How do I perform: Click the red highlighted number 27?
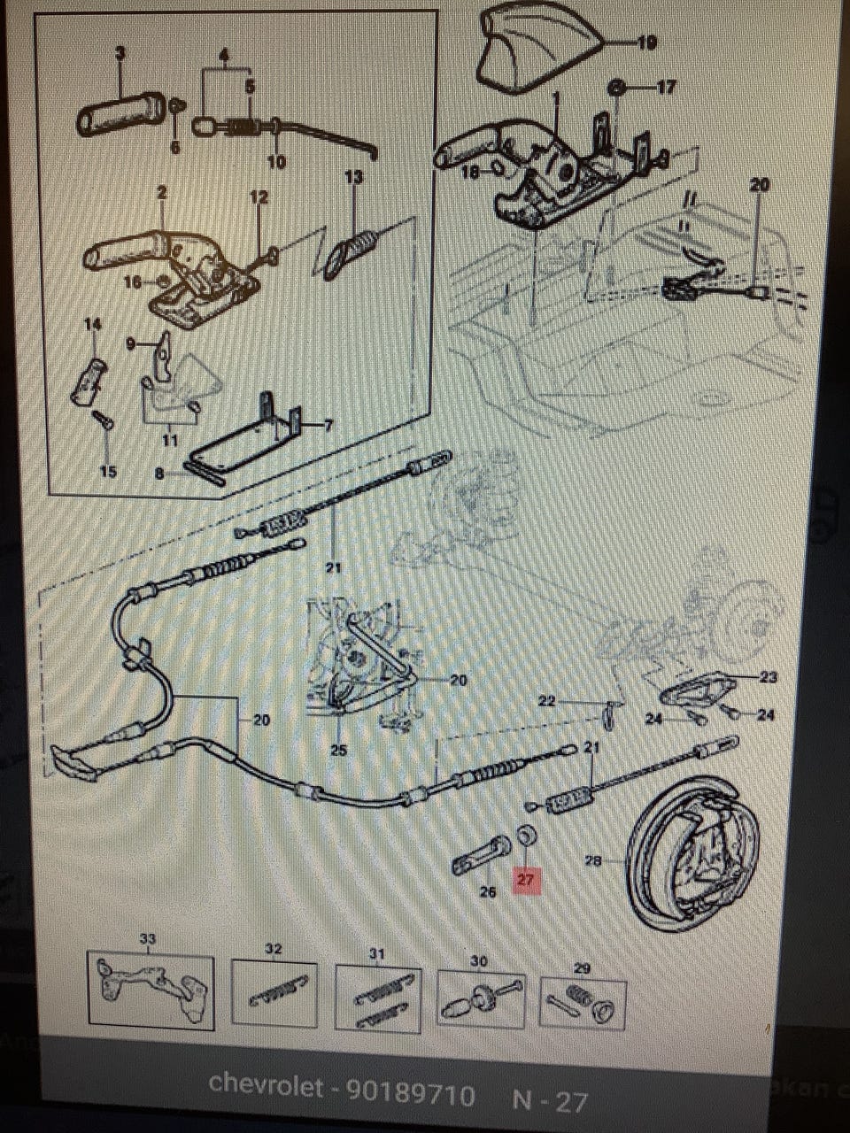tap(526, 880)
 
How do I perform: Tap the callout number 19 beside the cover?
tap(646, 42)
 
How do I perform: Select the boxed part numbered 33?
tap(150, 990)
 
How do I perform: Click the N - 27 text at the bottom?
tap(550, 1101)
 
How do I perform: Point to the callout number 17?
tap(666, 87)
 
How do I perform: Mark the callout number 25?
tap(338, 750)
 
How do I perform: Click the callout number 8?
tap(159, 474)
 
